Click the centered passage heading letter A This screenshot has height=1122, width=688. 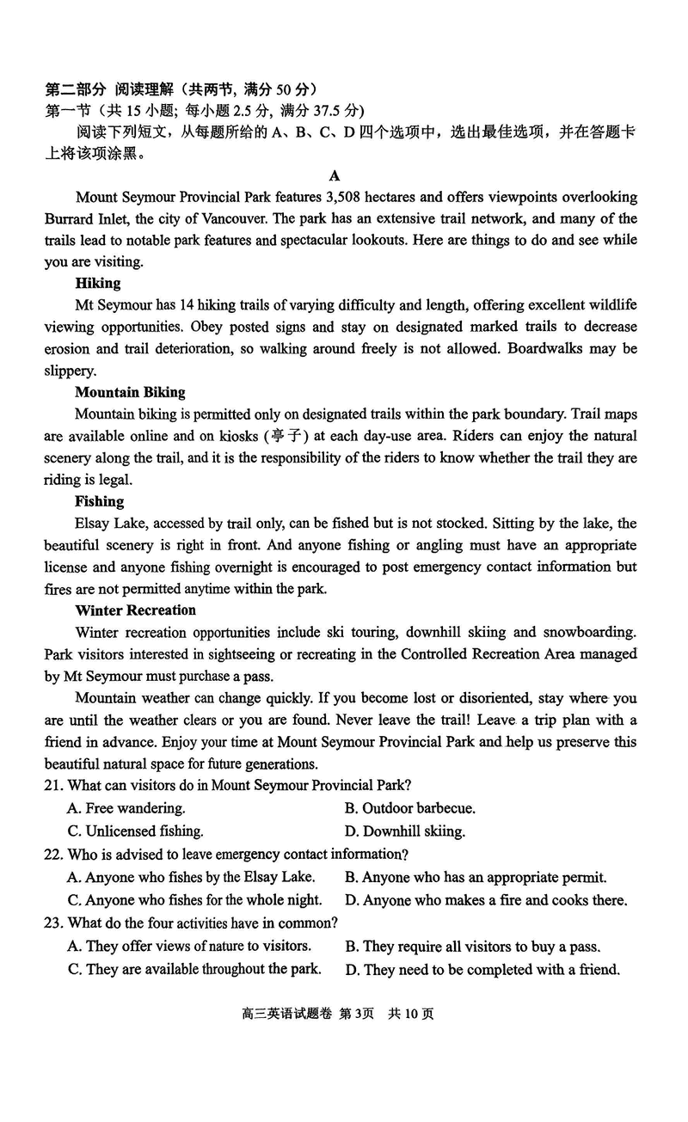click(335, 175)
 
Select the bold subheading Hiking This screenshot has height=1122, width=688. click(98, 283)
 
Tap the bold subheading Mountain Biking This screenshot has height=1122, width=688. click(130, 392)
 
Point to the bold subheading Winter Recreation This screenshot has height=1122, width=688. click(136, 610)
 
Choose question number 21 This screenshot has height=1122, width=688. click(53, 785)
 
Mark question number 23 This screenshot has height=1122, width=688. click(53, 923)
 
